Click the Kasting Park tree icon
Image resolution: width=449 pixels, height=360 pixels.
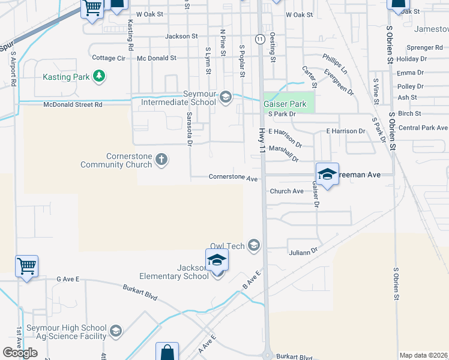(x=100, y=76)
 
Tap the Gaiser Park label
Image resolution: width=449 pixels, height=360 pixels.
(x=285, y=104)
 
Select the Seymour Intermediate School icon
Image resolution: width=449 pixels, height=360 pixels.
(x=226, y=96)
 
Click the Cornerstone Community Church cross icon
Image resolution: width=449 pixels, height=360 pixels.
(x=161, y=159)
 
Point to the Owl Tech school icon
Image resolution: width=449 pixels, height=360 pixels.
(x=254, y=245)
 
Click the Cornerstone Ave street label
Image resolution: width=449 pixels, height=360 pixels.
(x=233, y=178)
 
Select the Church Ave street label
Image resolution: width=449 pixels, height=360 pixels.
(x=286, y=191)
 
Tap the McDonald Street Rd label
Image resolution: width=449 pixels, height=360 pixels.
(x=73, y=104)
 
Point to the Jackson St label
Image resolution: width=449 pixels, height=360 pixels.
(x=181, y=37)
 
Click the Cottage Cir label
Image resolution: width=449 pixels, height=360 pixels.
(x=109, y=58)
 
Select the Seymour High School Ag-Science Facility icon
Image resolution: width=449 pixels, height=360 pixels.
(x=115, y=331)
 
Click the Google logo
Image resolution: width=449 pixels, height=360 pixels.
(x=20, y=353)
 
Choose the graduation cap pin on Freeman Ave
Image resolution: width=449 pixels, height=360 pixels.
(x=327, y=173)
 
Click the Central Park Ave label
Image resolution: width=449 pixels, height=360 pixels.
(x=423, y=128)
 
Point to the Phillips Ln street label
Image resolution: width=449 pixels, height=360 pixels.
(x=335, y=62)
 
